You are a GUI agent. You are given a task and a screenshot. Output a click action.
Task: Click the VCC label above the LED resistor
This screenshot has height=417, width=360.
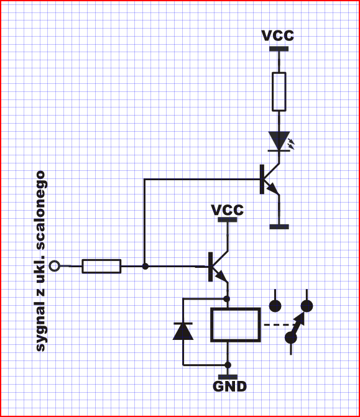277,35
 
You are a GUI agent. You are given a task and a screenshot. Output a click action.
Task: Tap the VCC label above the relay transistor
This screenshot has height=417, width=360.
227,210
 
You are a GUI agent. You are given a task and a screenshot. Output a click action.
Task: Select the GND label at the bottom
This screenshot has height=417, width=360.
229,387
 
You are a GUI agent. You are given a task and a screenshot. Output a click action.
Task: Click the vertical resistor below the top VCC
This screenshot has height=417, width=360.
279,91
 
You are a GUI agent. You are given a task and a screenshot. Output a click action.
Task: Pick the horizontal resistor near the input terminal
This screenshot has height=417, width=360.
101,266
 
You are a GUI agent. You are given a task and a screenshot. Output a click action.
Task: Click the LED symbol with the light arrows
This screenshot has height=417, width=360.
280,142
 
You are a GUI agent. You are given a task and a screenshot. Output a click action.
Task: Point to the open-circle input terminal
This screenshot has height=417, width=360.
55,266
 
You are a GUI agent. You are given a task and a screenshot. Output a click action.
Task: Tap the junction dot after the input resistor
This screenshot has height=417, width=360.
145,266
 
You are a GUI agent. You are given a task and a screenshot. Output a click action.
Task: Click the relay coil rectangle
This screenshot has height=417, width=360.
236,325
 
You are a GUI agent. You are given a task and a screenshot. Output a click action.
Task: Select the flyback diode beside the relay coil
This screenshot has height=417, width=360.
183,331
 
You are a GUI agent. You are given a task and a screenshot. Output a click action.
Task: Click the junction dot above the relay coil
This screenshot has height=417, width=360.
227,299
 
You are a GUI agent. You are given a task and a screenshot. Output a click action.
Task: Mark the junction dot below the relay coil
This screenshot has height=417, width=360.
228,365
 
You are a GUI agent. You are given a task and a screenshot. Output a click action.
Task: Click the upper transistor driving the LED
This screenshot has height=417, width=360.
269,179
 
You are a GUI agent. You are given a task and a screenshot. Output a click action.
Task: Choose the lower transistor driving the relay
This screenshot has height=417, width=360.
218,267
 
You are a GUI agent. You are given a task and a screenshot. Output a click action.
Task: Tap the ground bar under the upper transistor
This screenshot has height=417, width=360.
279,227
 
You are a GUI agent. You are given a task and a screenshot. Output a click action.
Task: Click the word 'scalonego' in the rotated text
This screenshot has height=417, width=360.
40,210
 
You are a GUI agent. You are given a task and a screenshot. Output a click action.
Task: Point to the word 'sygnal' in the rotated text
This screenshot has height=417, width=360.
41,327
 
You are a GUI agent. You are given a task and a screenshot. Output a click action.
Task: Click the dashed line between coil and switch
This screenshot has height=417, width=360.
279,325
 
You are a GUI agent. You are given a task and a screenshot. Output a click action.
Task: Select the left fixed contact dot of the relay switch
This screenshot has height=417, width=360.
275,306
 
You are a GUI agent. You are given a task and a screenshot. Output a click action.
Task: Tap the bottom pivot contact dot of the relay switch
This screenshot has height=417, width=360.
290,338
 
